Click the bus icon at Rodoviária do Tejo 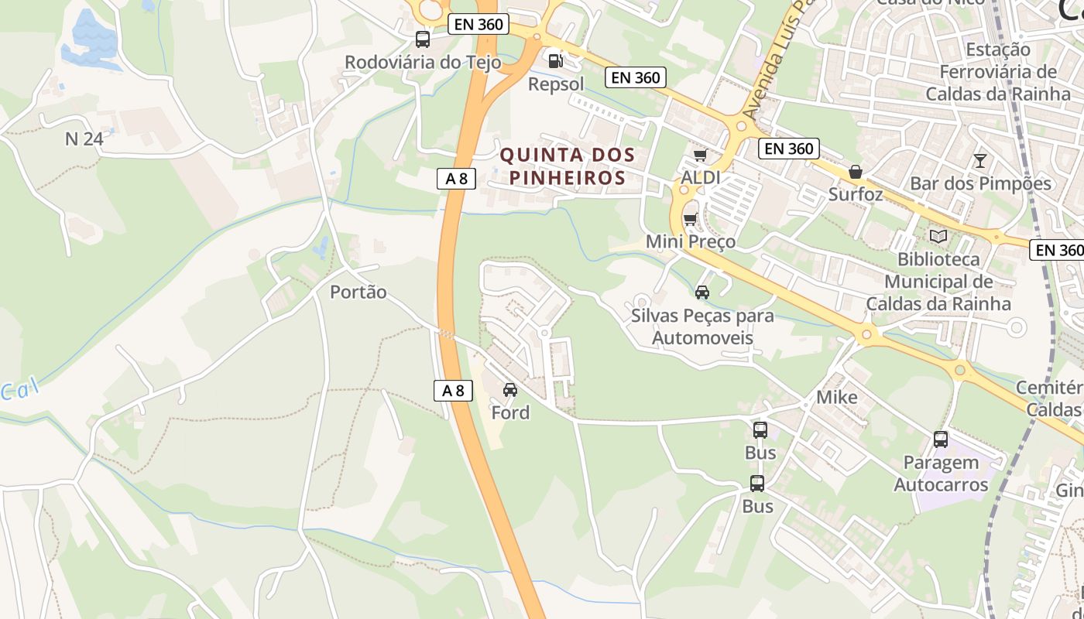(422, 39)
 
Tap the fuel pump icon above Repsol (555, 60)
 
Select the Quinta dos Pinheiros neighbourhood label (568, 166)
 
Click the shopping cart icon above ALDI (701, 155)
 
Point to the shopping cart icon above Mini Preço (690, 219)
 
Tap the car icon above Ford (509, 389)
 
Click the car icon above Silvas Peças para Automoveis (702, 292)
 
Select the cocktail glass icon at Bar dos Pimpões (980, 160)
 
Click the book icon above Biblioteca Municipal (938, 236)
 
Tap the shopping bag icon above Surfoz (856, 171)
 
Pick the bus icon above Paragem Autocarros (940, 439)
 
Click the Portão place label (358, 292)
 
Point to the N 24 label (84, 139)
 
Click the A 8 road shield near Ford (453, 391)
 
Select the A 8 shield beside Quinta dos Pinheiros (456, 179)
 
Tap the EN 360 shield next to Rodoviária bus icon (479, 24)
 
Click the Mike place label (837, 398)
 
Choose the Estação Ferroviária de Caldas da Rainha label (998, 72)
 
